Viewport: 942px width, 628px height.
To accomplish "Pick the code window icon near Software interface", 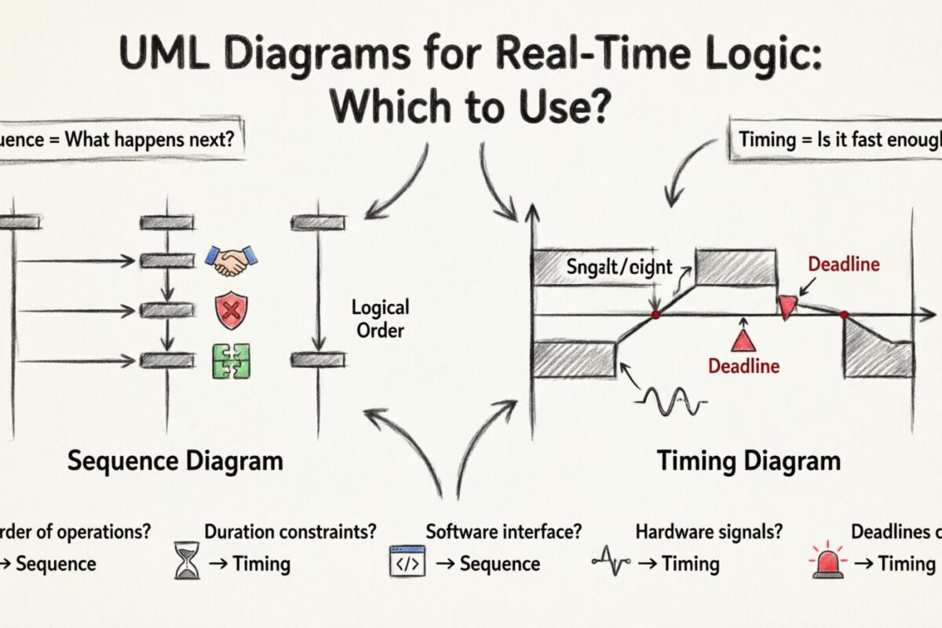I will [407, 562].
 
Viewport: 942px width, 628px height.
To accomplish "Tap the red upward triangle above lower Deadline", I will [742, 340].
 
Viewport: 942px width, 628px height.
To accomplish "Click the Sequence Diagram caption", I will [174, 460].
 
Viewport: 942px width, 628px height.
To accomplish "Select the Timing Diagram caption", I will [748, 460].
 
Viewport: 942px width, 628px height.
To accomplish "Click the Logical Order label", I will [381, 318].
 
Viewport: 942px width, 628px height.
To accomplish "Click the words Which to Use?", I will [470, 107].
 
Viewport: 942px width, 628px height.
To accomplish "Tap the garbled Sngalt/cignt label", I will [619, 267].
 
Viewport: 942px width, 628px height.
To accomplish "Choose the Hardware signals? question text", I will [709, 531].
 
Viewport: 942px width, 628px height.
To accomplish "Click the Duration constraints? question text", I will [290, 531].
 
